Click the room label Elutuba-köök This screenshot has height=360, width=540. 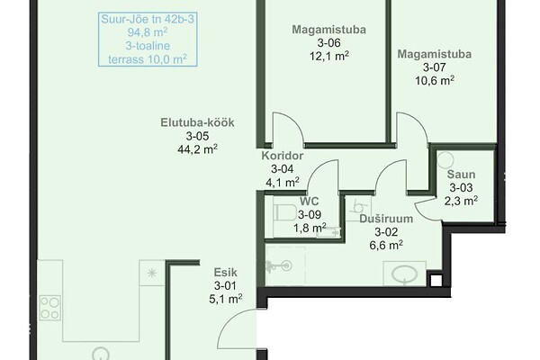[x=197, y=122]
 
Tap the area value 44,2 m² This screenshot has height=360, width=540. [x=197, y=149]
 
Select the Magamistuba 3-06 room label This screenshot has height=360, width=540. [x=328, y=30]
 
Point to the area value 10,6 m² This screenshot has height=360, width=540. [x=435, y=81]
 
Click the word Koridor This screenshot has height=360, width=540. [x=283, y=156]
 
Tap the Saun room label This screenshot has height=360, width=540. [x=461, y=175]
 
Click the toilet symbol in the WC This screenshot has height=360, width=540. [x=285, y=212]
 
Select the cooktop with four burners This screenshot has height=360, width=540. [x=49, y=308]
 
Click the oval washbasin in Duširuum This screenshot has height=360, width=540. [x=405, y=274]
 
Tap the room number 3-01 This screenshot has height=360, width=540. [x=225, y=285]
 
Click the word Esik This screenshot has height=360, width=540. [x=225, y=273]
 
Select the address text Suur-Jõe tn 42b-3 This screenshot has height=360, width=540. [x=148, y=19]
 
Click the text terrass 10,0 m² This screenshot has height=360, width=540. [x=148, y=59]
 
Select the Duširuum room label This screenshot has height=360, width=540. [x=386, y=219]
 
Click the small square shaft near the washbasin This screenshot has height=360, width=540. [x=436, y=281]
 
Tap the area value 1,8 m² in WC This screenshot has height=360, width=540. [x=310, y=228]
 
